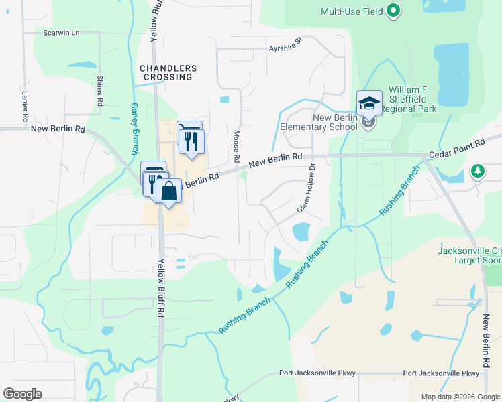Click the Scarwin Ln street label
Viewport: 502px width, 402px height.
(x=61, y=32)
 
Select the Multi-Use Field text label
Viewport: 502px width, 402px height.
(x=352, y=11)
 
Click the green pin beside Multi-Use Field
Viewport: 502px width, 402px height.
(x=394, y=11)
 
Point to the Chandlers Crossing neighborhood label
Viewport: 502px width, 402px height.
(x=168, y=72)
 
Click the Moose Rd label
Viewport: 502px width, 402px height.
(x=236, y=148)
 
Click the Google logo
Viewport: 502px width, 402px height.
(x=22, y=394)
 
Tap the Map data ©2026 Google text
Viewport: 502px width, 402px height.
(x=460, y=397)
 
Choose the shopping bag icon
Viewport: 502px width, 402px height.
(x=168, y=192)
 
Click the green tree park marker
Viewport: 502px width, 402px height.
(x=477, y=171)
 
